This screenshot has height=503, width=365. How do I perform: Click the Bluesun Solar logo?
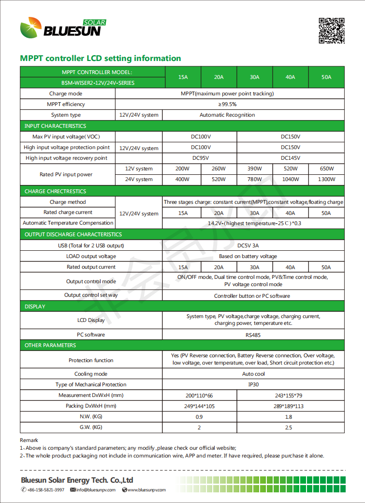pos(63,28)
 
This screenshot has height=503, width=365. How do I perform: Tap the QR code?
pos(332,30)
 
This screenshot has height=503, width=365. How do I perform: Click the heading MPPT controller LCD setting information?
pos(101,59)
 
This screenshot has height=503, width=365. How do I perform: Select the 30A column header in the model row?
pos(255,77)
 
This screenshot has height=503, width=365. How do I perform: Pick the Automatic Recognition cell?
pos(227,115)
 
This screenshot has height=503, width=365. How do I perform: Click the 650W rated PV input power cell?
pos(327,169)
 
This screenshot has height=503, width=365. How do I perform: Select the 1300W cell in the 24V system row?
pos(327,180)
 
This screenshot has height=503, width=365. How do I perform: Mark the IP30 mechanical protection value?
pos(254,385)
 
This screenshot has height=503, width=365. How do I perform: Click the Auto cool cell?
pos(254,374)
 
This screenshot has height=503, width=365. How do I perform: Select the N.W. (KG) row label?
pos(91,417)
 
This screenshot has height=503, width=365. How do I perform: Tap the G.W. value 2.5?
pos(289,427)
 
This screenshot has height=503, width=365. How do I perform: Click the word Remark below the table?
pos(29,440)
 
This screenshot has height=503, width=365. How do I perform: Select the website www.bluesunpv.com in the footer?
pos(146,490)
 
